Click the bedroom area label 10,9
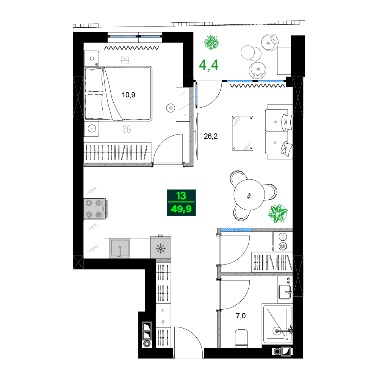128,95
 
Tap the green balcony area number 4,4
209,66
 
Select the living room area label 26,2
211,136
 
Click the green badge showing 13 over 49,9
181,203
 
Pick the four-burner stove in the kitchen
94,209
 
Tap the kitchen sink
119,248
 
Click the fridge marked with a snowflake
161,248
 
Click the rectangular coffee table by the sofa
243,133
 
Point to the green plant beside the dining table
278,213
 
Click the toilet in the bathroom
241,338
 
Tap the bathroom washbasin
285,292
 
